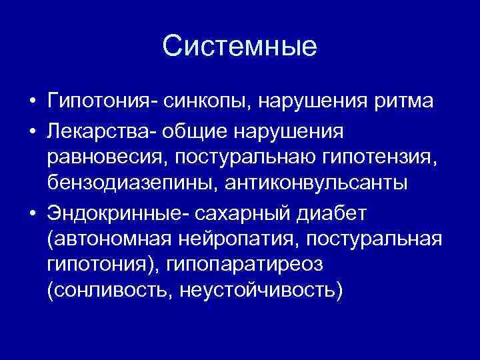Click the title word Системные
point(240,47)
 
